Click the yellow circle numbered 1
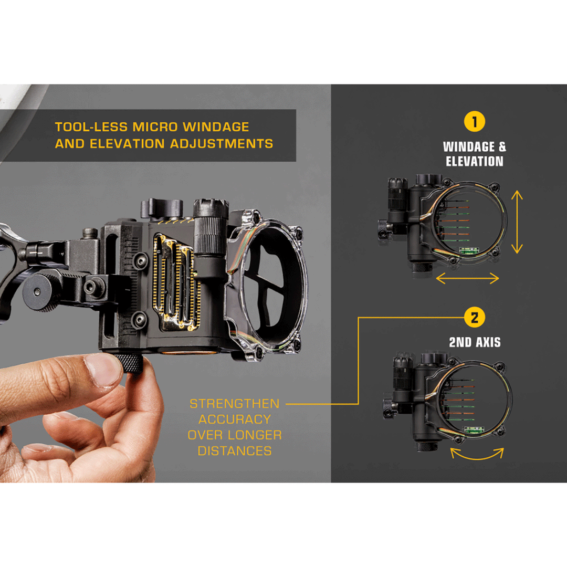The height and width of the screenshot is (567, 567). pyautogui.click(x=475, y=122)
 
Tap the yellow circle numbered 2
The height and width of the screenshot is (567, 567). pyautogui.click(x=475, y=318)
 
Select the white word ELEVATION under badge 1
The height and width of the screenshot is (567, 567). pyautogui.click(x=475, y=161)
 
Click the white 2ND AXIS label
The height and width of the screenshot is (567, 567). pyautogui.click(x=475, y=342)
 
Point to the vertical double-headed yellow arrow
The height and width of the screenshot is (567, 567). pyautogui.click(x=517, y=222)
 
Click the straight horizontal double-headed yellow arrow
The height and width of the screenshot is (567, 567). pyautogui.click(x=468, y=278)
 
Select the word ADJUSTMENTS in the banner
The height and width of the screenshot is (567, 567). pyautogui.click(x=222, y=144)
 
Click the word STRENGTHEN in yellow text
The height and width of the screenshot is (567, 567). pyautogui.click(x=234, y=404)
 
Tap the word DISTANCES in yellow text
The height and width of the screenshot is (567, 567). pyautogui.click(x=234, y=451)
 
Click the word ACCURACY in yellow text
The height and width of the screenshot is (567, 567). pyautogui.click(x=234, y=419)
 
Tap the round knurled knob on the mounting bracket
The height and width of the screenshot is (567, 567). pyautogui.click(x=40, y=292)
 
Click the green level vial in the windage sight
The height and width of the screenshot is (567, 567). pyautogui.click(x=469, y=250)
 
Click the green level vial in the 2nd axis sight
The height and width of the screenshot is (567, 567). pyautogui.click(x=475, y=429)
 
